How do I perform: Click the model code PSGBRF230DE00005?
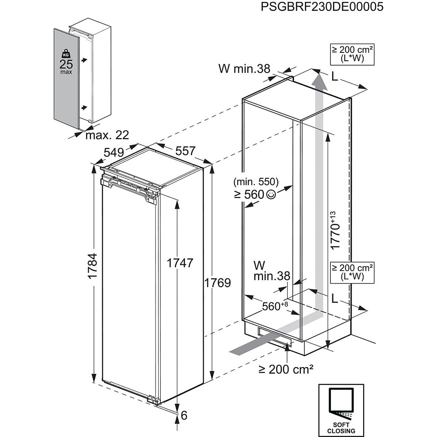click(x=323, y=7)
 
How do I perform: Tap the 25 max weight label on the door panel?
click(x=66, y=67)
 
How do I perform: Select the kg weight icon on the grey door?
click(x=66, y=54)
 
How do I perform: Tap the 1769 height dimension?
click(x=217, y=283)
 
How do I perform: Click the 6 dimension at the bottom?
click(x=184, y=415)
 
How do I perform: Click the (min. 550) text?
click(x=256, y=182)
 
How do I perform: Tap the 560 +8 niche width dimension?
click(x=274, y=306)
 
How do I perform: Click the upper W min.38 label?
click(x=244, y=69)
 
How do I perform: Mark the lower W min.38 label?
click(x=271, y=271)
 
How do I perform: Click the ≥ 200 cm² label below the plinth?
click(x=286, y=369)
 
